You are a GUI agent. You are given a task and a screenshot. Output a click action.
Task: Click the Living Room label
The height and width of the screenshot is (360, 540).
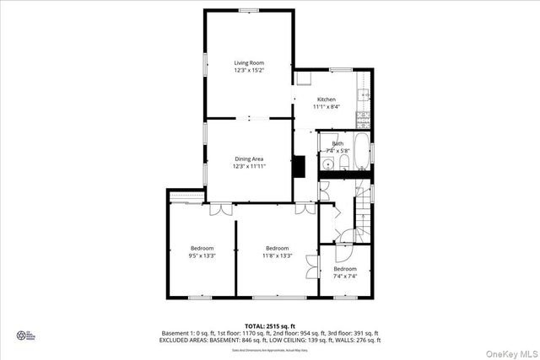point(249,63)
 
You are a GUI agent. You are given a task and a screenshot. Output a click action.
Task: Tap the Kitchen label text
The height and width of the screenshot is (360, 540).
point(326,99)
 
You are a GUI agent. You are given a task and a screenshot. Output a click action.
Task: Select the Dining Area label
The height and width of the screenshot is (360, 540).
point(249,159)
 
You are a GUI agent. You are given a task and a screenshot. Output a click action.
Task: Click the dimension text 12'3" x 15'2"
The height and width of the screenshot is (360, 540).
point(249,71)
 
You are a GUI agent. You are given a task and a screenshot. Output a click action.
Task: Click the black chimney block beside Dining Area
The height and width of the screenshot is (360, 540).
point(299,165)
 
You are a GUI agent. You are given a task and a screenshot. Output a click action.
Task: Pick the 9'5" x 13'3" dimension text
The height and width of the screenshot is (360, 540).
point(202,255)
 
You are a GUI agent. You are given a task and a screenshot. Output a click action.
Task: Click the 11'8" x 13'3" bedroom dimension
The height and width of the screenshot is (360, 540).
point(277,255)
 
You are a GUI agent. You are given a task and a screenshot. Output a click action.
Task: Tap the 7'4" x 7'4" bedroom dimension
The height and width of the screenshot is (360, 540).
point(345,276)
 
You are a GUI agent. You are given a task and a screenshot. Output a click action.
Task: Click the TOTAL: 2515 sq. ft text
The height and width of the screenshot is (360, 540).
point(271,325)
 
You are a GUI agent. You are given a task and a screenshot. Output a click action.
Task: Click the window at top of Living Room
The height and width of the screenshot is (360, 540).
point(249,10)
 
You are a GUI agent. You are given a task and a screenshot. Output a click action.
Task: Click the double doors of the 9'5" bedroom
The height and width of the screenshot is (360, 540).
point(219,208)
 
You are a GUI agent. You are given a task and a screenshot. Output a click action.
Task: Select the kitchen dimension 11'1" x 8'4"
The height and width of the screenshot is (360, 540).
point(326,107)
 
